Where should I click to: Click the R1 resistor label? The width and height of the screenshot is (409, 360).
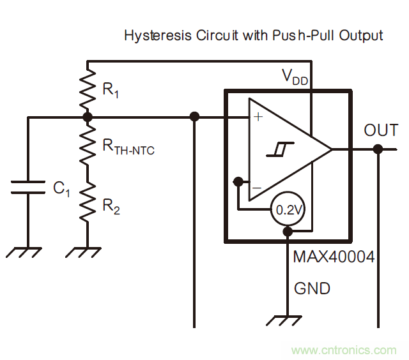(111, 91)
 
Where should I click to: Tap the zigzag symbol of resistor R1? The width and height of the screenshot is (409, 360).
(88, 89)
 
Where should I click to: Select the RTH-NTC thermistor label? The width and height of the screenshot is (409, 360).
(128, 147)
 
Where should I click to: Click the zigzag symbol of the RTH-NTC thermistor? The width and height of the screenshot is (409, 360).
(88, 147)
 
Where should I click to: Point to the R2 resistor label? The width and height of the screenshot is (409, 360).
(111, 206)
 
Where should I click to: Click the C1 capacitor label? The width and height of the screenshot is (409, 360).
(61, 188)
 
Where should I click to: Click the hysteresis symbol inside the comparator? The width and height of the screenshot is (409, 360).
(278, 150)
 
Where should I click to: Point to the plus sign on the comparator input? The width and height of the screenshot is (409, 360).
(258, 117)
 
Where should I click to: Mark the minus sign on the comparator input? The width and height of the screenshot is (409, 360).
(256, 188)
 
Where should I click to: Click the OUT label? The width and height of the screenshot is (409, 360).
(381, 131)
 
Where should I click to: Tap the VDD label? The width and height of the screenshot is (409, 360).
(295, 77)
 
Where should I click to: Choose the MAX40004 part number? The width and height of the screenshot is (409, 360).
(334, 258)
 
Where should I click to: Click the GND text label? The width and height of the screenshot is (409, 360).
(312, 289)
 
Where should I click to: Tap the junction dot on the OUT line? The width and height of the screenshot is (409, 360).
(378, 149)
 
